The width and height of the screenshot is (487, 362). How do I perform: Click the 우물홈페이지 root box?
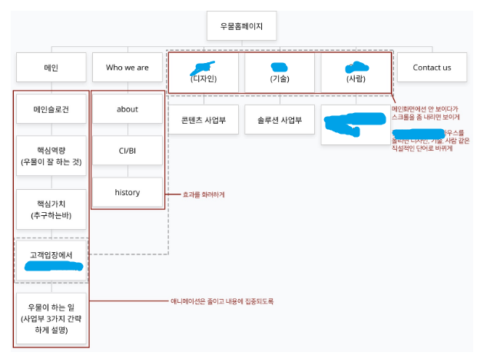click(241, 25)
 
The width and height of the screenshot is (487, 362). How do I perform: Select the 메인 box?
click(51, 68)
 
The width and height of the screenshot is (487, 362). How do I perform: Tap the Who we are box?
click(128, 68)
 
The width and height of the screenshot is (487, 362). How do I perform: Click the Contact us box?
click(432, 68)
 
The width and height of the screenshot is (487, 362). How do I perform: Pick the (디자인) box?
click(204, 71)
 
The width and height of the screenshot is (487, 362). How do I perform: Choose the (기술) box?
click(280, 71)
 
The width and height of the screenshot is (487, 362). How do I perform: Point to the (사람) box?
click(356, 71)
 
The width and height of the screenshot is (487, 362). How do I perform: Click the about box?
click(128, 109)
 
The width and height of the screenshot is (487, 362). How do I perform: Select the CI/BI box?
click(128, 151)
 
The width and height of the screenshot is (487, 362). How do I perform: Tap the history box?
click(128, 192)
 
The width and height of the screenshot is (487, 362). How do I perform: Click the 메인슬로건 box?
click(51, 109)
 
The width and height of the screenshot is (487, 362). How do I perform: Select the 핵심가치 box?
click(51, 209)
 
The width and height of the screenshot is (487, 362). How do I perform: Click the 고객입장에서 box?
click(51, 260)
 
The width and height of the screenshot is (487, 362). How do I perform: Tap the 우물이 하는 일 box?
click(51, 318)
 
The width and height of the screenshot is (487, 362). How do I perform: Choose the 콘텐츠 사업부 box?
click(204, 120)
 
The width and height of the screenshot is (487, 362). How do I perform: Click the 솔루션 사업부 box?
click(280, 120)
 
